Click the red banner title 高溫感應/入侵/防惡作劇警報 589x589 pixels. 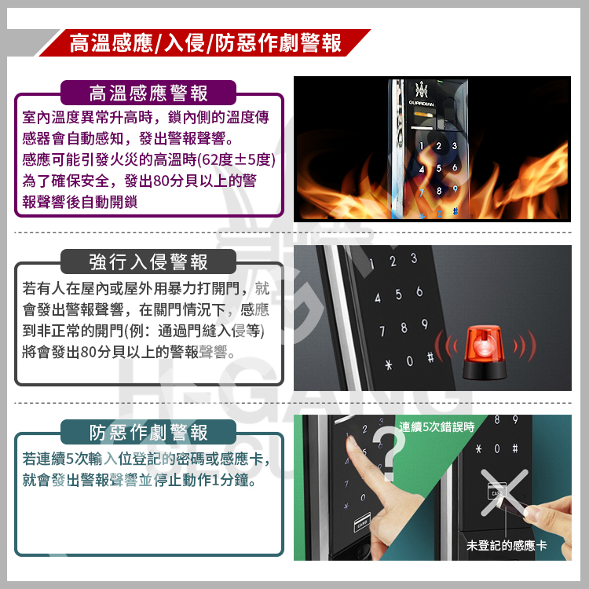point(206,43)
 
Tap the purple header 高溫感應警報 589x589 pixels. point(148,93)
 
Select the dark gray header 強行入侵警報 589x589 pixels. point(148,262)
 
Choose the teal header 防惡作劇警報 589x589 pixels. point(148,433)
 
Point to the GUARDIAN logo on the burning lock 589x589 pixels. point(421,104)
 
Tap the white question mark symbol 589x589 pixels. point(390,452)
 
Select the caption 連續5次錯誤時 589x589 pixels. point(437,427)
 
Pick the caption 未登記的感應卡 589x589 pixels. point(507,546)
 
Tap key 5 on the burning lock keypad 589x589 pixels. point(438,168)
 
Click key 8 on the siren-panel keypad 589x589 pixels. point(404,327)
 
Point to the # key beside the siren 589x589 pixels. point(430,357)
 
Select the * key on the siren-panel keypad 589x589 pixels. point(389,364)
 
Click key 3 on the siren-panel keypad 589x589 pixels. point(414,258)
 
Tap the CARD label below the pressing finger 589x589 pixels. point(362,522)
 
